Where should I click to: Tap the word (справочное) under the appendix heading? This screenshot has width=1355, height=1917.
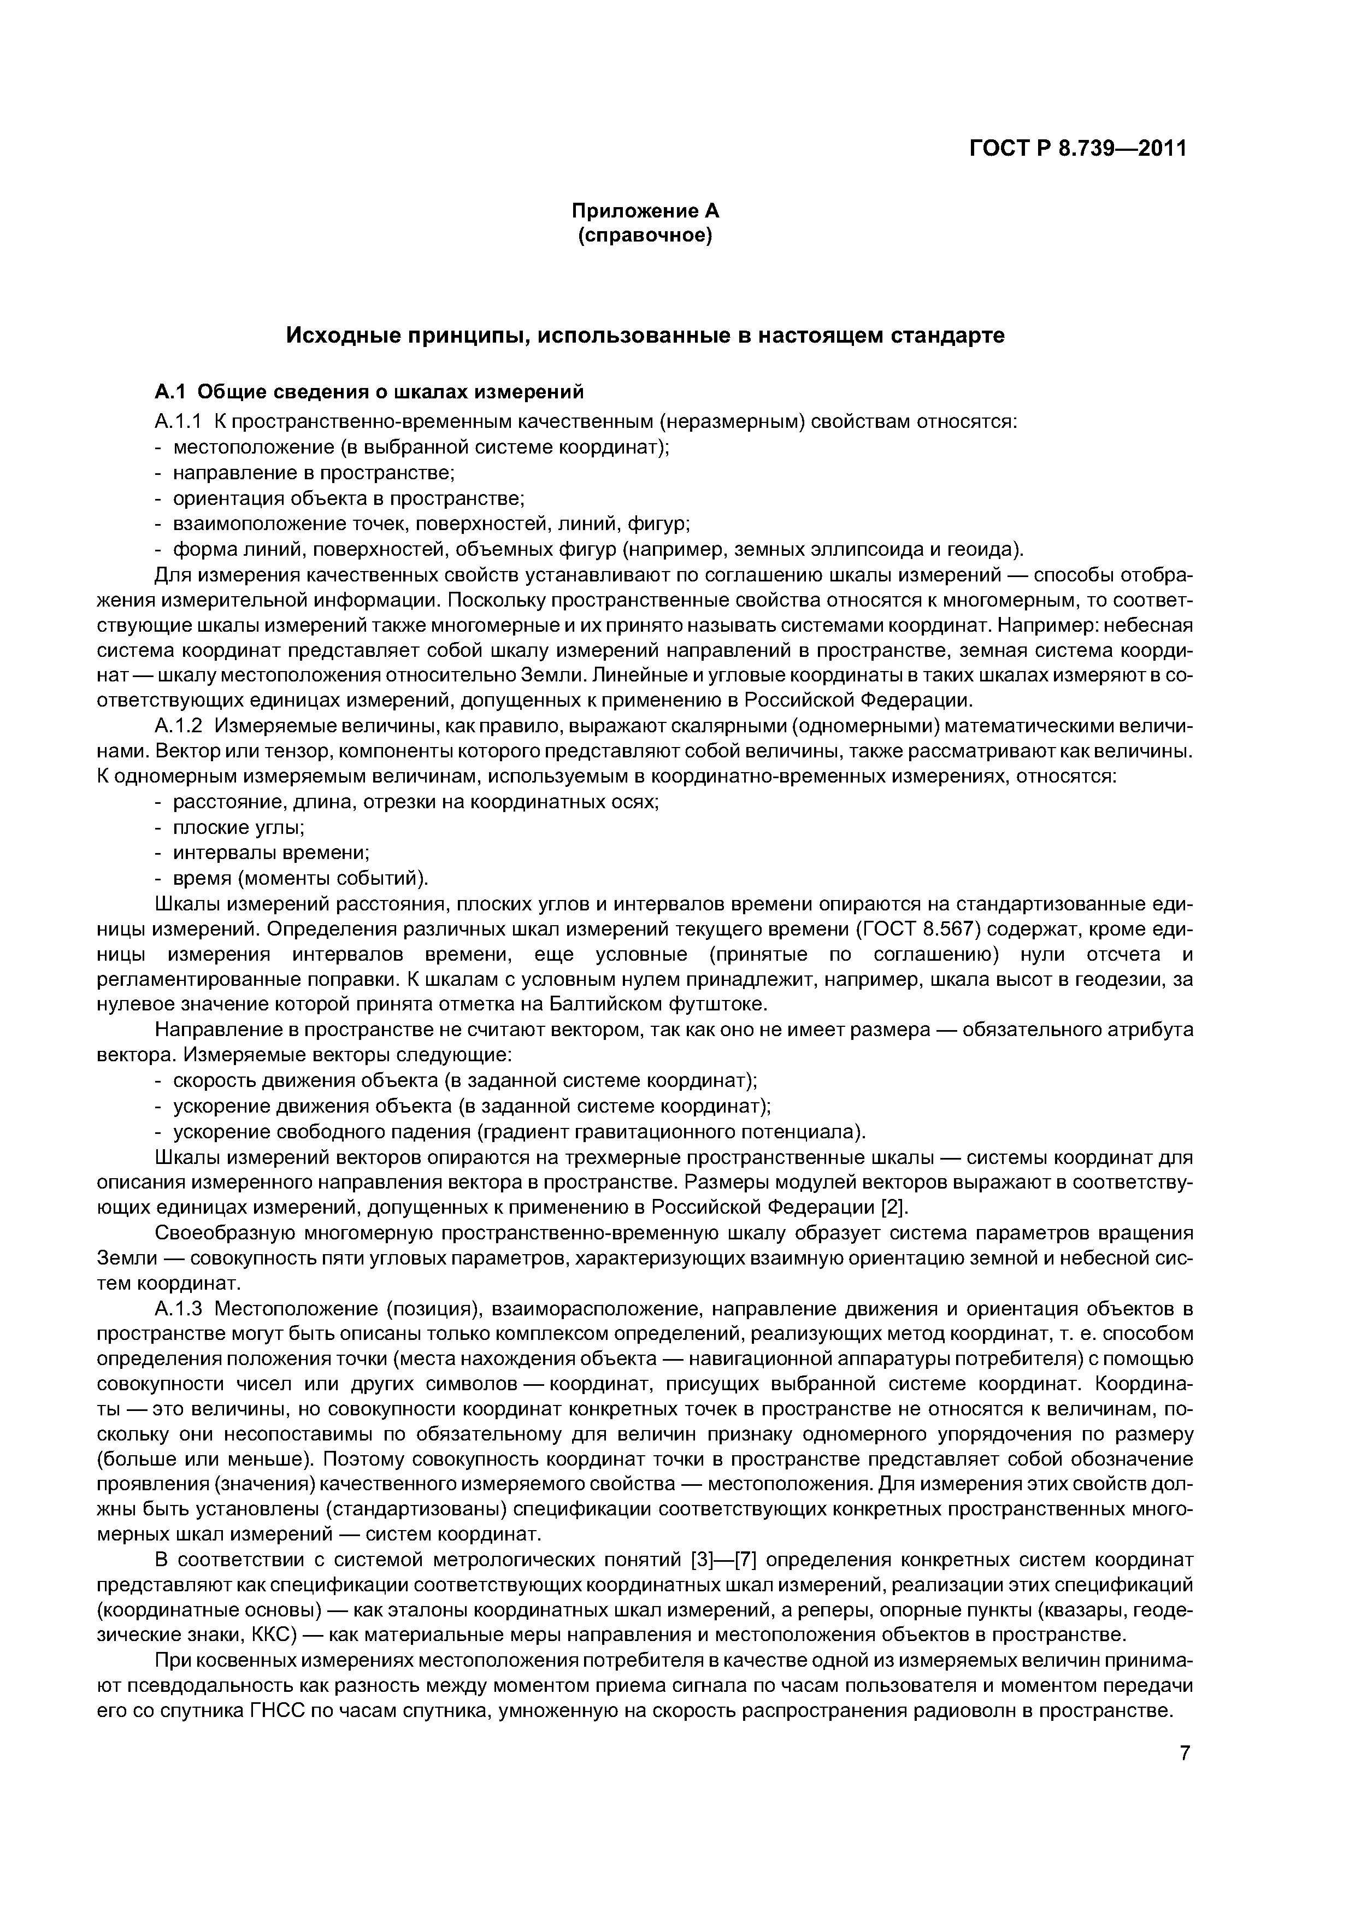point(645,236)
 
